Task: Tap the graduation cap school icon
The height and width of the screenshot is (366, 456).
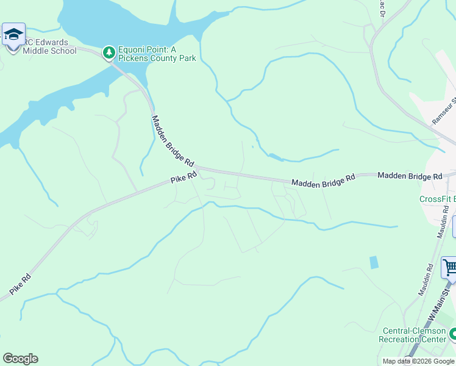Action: (x=13, y=34)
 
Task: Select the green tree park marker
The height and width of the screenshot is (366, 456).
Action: (x=109, y=53)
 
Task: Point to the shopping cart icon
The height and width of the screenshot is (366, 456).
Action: (x=449, y=267)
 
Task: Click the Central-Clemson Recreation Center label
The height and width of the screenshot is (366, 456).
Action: (x=413, y=335)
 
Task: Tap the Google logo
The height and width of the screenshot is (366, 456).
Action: (x=20, y=359)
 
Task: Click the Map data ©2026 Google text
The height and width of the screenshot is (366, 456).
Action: (x=418, y=361)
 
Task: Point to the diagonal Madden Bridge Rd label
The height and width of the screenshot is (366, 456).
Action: (x=173, y=142)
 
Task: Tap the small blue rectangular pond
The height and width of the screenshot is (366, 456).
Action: (x=373, y=262)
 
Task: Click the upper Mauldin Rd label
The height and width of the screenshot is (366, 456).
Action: (x=443, y=224)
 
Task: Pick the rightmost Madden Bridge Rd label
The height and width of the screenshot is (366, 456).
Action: (x=409, y=176)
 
